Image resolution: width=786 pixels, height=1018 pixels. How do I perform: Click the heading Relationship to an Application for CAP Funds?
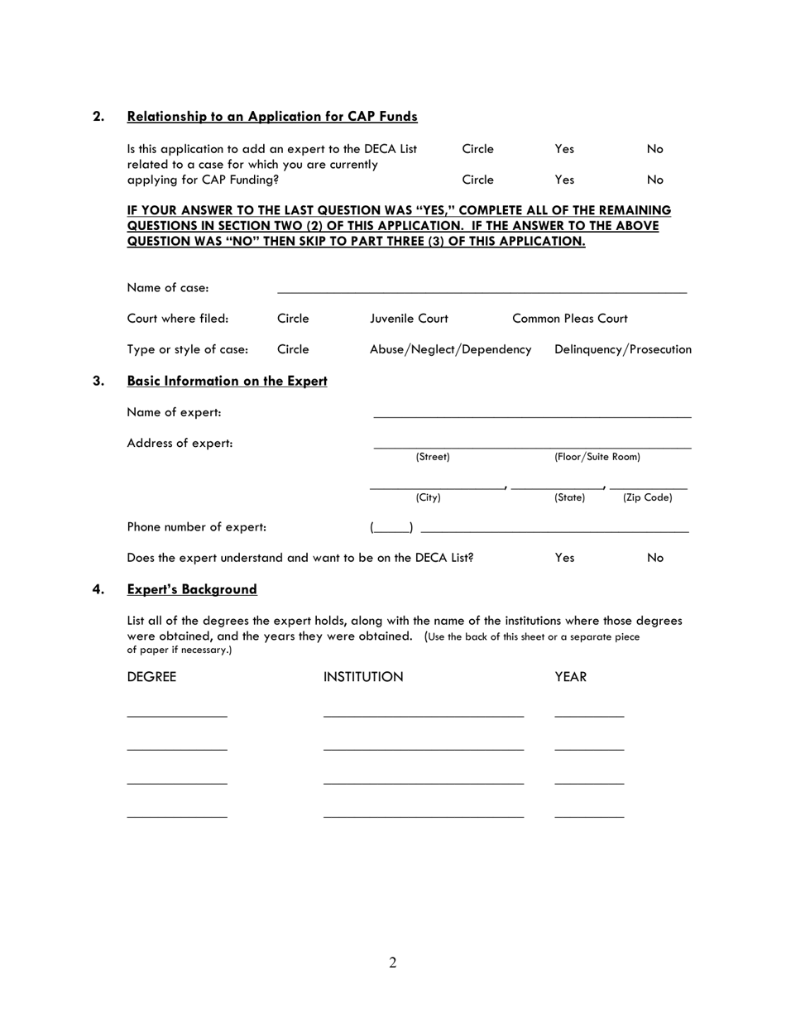coord(272,117)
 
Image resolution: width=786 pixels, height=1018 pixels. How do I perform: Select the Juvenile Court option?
coord(409,319)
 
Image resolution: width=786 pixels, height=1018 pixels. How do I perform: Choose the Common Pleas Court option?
coord(570,319)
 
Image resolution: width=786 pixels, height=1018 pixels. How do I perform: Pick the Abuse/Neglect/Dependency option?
coord(450,350)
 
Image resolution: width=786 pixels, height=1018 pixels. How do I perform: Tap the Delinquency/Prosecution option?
coord(623,350)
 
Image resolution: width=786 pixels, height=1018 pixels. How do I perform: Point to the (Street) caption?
coord(433,457)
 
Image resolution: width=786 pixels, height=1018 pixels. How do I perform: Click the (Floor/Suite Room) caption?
coord(597,457)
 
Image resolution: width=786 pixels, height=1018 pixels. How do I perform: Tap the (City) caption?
coord(428,498)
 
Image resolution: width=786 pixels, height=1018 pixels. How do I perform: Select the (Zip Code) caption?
coord(647,498)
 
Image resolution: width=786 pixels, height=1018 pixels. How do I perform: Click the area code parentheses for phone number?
coord(391,527)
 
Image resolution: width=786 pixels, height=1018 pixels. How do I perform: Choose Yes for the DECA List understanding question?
coord(564,558)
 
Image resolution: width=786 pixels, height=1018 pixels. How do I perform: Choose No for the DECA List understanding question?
coord(655,558)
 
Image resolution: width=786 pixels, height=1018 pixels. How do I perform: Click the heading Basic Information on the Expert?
coord(228,382)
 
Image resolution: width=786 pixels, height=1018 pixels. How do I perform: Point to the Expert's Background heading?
coord(192,589)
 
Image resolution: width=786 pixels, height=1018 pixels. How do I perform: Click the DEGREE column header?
coord(151,677)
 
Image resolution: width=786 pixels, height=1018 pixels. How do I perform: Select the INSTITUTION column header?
coord(363,677)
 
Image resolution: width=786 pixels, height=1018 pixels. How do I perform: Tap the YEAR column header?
coord(571,677)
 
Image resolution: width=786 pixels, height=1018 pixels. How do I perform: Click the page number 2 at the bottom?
coord(392,963)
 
